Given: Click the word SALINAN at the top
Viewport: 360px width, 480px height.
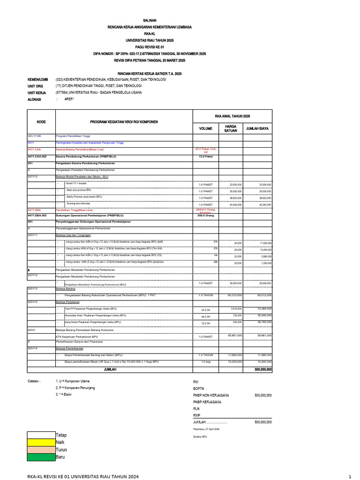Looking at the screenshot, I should [x=150, y=22].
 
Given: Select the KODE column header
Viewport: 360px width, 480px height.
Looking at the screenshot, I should [x=41, y=121].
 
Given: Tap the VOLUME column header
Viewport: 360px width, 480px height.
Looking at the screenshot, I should [x=205, y=128].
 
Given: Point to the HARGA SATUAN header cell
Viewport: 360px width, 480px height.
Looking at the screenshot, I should [x=230, y=128].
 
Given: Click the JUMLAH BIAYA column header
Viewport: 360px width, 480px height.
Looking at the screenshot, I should [x=257, y=128].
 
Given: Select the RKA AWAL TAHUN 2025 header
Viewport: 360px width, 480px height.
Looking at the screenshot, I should [x=233, y=116].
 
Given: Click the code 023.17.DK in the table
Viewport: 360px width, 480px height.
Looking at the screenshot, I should [x=35, y=136].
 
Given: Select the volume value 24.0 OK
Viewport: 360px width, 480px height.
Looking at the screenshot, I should [x=205, y=310].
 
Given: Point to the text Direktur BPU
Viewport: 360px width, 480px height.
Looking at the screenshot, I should [x=200, y=437].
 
